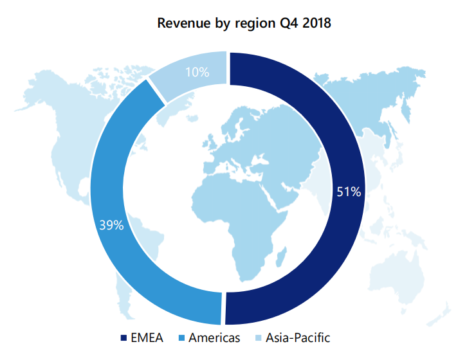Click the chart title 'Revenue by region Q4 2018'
click(x=244, y=24)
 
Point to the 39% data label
click(x=111, y=225)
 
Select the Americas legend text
click(x=214, y=337)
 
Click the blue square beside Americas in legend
click(x=182, y=338)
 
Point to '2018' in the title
click(x=315, y=24)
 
